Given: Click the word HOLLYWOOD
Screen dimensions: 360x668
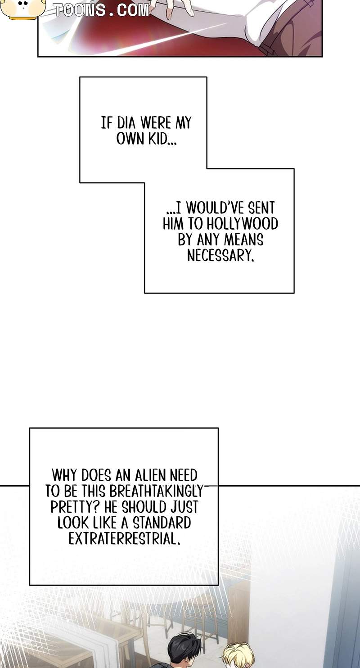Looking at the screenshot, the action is click(x=242, y=224).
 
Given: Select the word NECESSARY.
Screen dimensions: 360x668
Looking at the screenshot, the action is click(x=221, y=255).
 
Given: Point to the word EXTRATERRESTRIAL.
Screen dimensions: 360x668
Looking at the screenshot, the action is click(x=125, y=538).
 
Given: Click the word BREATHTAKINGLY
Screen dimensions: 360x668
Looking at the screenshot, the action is click(x=155, y=491).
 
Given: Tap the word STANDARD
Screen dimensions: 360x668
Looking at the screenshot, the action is click(x=162, y=523).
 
